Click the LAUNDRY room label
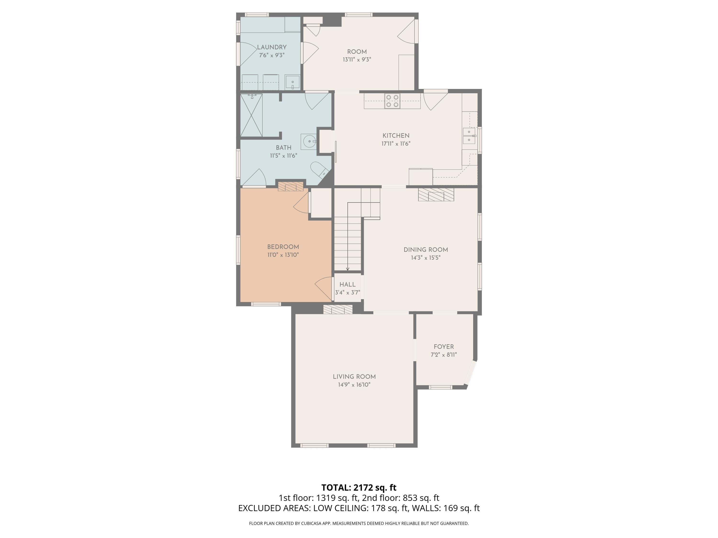click(x=272, y=47)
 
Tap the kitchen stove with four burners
click(x=392, y=101)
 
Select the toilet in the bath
click(x=319, y=169)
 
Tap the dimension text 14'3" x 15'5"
click(x=426, y=258)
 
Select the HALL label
click(x=347, y=284)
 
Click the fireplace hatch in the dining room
click(x=436, y=195)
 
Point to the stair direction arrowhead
click(x=347, y=269)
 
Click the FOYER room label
click(x=443, y=347)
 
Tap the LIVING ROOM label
click(x=354, y=377)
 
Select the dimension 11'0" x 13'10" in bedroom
click(x=283, y=255)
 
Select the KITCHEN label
click(x=396, y=136)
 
